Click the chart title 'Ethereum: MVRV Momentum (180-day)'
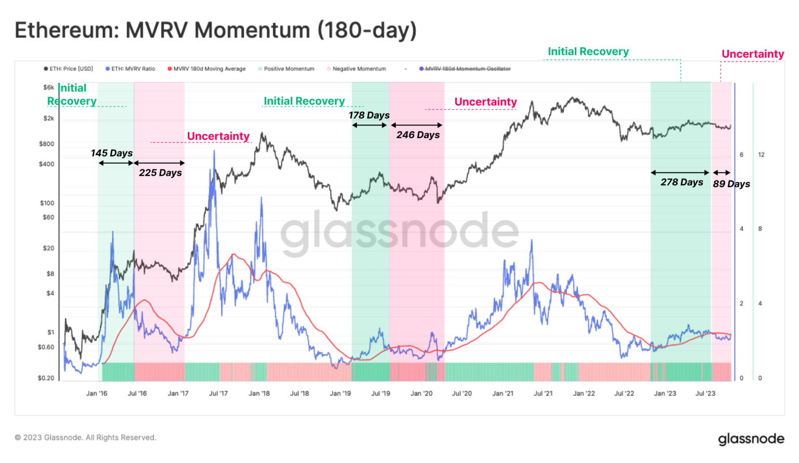(x=215, y=30)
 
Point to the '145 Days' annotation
(x=111, y=153)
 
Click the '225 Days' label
(x=160, y=173)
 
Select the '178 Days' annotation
(x=369, y=115)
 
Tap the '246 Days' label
(x=418, y=135)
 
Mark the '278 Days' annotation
(x=681, y=182)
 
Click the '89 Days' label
(x=731, y=184)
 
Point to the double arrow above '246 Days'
(x=416, y=125)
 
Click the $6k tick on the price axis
(x=48, y=87)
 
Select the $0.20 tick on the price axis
(x=46, y=378)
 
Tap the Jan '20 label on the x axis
(x=421, y=393)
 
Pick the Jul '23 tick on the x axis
(x=705, y=393)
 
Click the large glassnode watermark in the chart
(x=399, y=231)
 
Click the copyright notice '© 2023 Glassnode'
(x=85, y=438)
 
